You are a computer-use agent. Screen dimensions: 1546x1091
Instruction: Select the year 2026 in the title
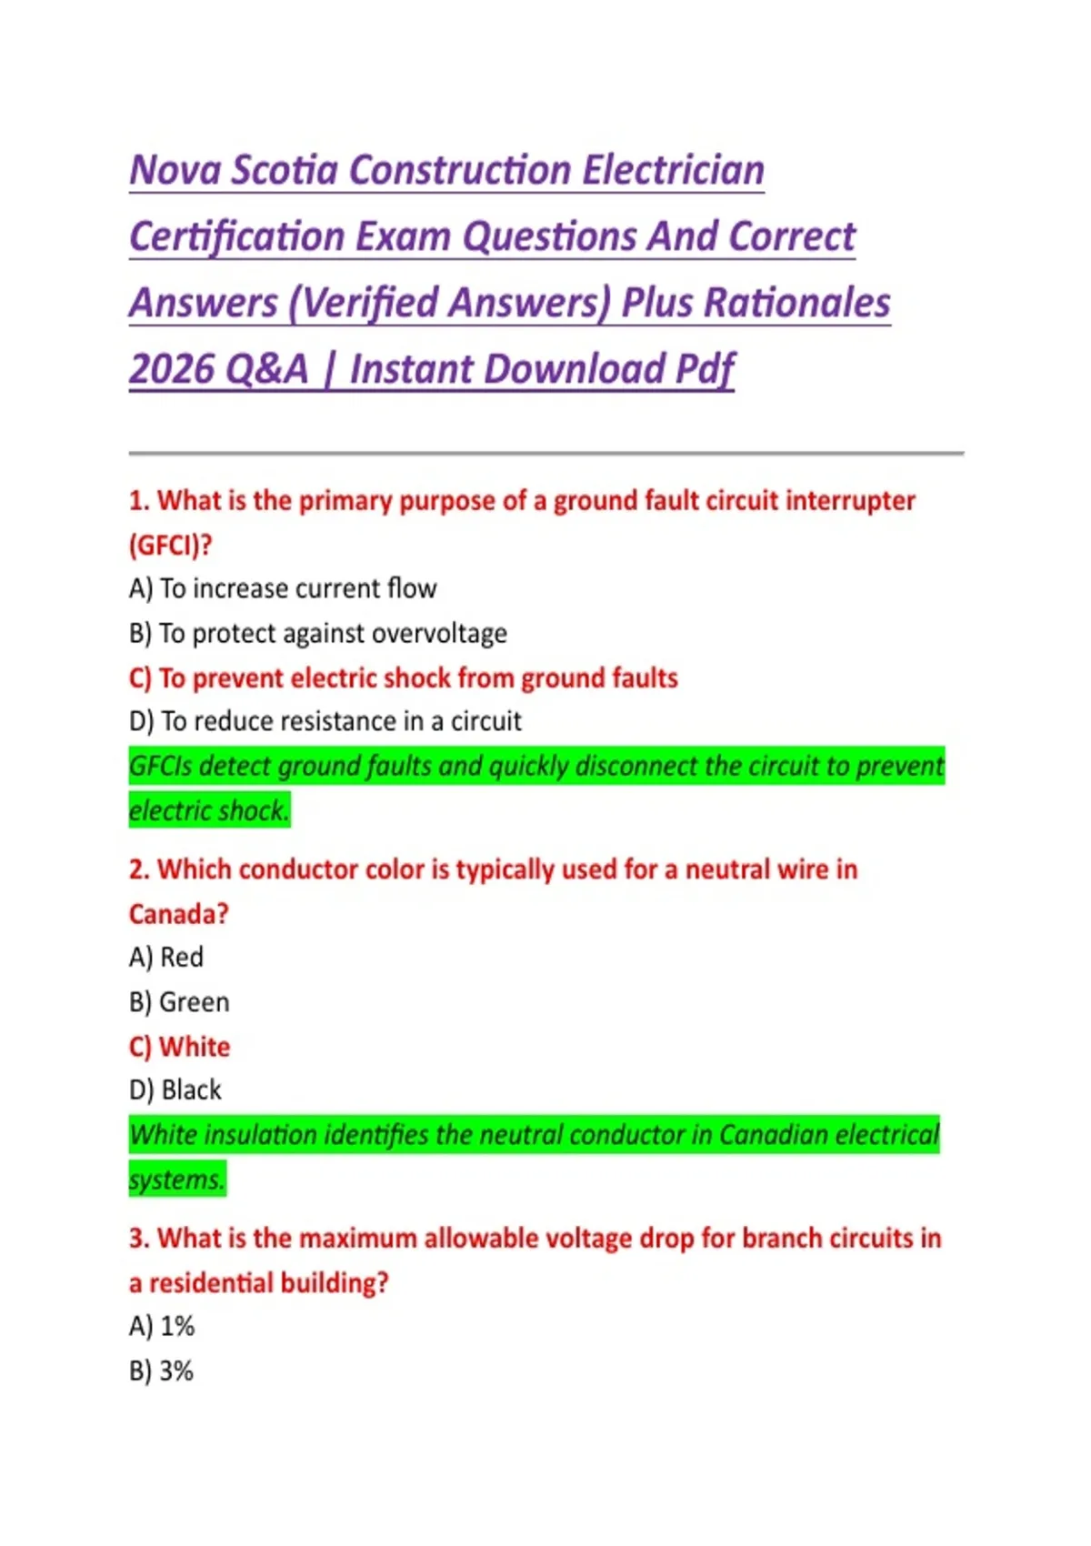pos(170,369)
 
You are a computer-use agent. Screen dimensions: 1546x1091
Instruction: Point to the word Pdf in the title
pos(704,369)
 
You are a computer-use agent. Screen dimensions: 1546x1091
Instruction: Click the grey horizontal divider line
pos(545,452)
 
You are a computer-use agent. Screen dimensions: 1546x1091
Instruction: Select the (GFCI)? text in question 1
pos(170,545)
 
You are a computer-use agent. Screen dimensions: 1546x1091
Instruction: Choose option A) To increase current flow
pos(283,589)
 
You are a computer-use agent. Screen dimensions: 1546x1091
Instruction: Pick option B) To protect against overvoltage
pos(318,633)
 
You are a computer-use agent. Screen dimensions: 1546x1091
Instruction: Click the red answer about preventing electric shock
pos(404,678)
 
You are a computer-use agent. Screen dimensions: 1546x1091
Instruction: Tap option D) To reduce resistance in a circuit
pos(325,721)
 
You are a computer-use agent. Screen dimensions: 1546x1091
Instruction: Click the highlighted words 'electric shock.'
pos(209,810)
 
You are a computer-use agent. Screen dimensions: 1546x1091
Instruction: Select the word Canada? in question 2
pos(178,913)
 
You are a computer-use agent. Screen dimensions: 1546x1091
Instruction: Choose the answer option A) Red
pos(166,957)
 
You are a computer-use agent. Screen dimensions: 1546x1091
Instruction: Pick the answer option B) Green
pos(179,1002)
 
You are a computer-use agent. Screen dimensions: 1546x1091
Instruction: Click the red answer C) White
pos(179,1047)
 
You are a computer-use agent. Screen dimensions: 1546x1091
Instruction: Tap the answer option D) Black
pos(175,1089)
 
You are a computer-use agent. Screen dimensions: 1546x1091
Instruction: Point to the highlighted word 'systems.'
pos(176,1180)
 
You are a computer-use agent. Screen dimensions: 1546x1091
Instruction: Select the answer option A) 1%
pos(162,1327)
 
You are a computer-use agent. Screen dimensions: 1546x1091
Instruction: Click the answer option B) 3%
pos(162,1371)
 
